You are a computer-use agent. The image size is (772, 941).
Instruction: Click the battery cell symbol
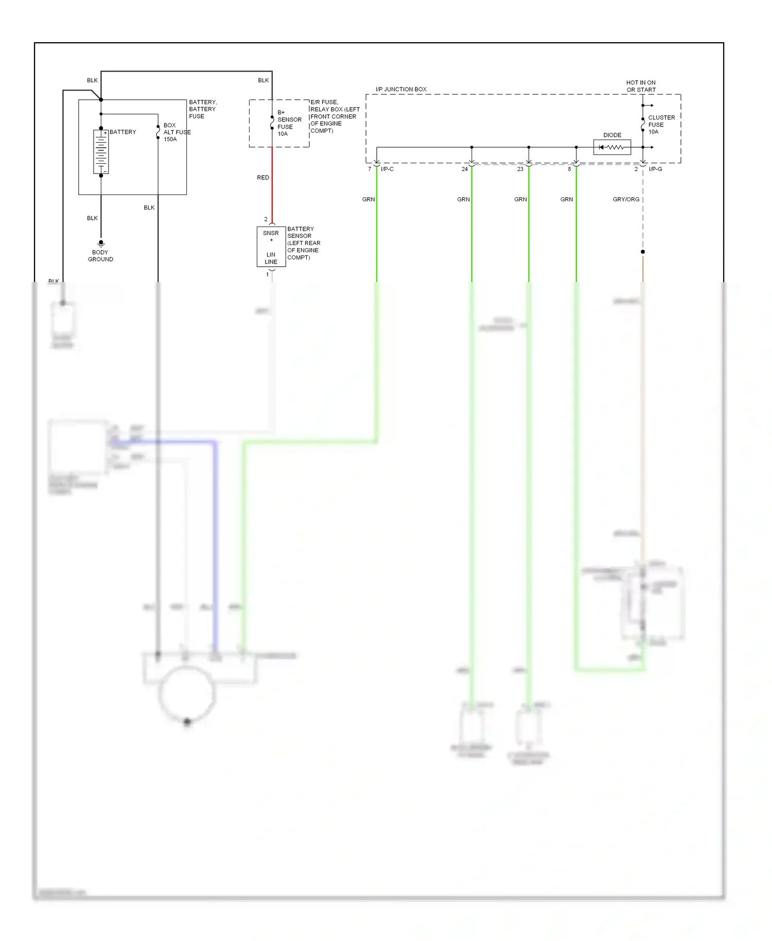101,152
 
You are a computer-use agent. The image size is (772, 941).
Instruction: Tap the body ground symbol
101,243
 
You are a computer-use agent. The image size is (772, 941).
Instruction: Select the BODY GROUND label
100,256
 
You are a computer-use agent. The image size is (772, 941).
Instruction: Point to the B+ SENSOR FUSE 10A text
289,123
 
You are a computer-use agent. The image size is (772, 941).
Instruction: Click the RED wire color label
263,178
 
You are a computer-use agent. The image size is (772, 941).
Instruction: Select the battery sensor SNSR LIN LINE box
271,247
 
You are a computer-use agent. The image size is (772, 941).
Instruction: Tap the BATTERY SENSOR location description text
303,243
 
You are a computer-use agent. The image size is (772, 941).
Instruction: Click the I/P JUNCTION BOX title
401,89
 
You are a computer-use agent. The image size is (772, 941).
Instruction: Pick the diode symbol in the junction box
612,148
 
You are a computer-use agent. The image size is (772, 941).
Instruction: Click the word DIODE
612,135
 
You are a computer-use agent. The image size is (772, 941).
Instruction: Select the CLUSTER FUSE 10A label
661,125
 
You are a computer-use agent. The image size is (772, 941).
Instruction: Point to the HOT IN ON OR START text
641,86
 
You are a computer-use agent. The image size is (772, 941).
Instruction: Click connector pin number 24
465,169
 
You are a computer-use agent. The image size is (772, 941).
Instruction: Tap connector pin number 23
520,169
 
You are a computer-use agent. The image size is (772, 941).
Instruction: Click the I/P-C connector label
387,169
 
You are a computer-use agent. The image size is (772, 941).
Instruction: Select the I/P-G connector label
655,169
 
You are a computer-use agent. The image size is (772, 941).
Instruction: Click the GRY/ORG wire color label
626,199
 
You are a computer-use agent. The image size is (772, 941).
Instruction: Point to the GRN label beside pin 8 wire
567,199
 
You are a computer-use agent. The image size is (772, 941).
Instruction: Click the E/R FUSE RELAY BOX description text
335,116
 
